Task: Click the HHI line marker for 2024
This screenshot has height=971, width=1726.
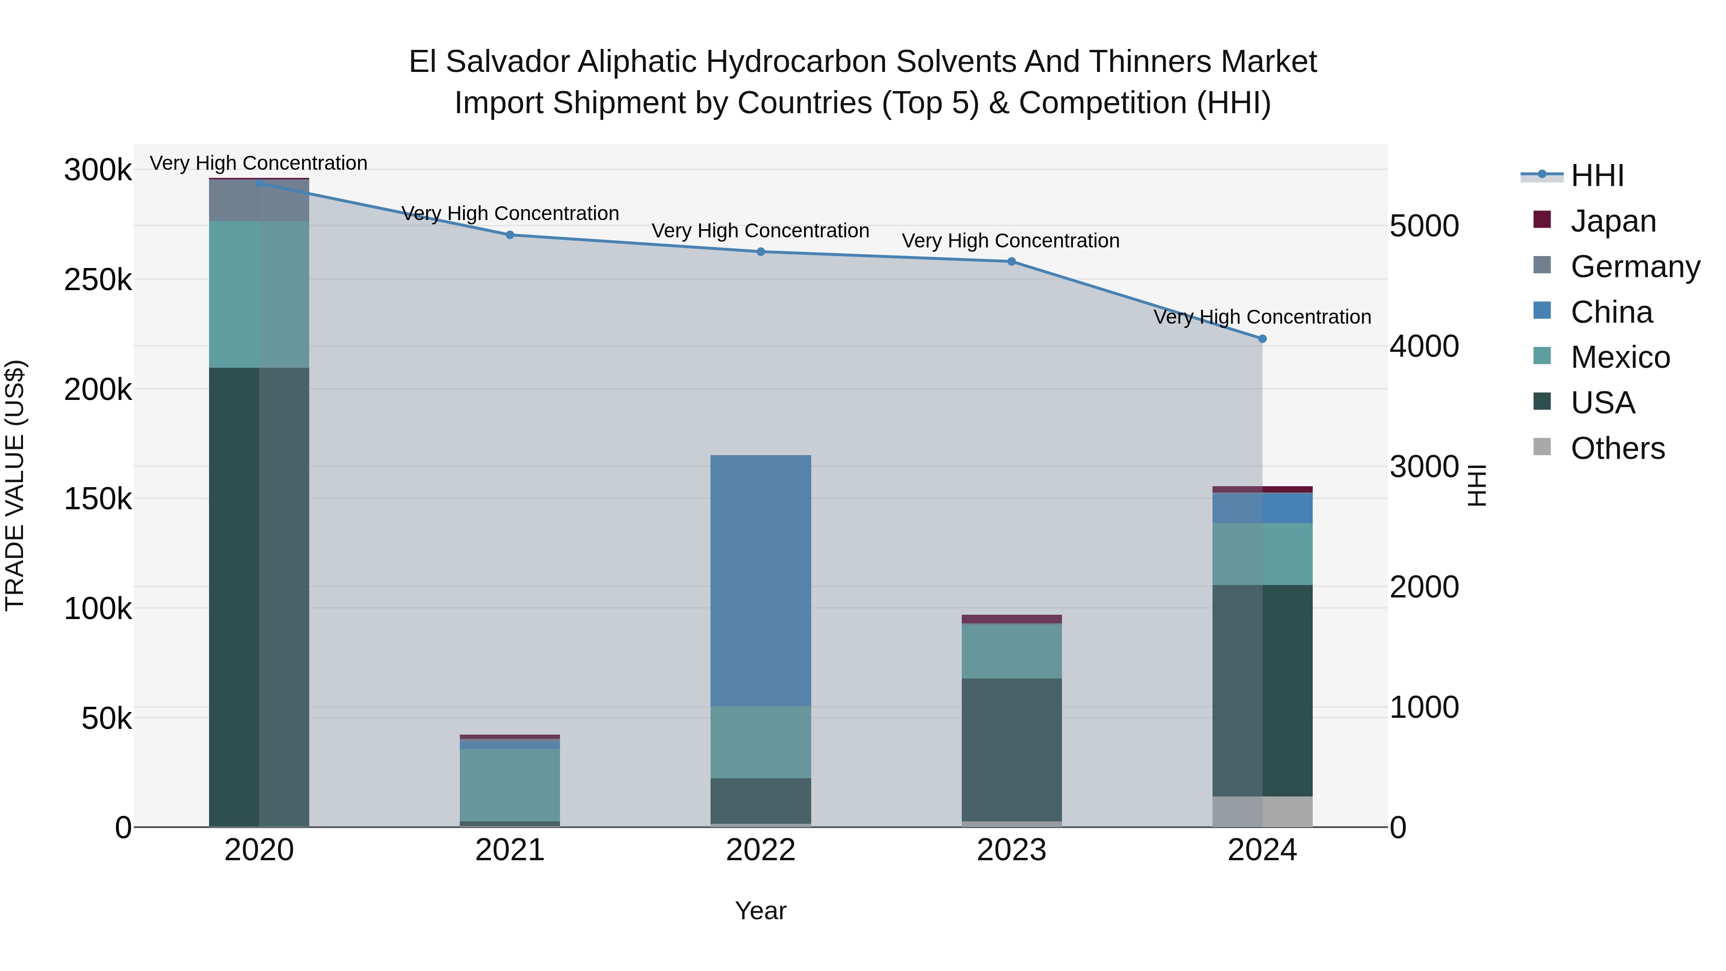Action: pos(1262,339)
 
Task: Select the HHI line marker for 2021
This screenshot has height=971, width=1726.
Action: pos(510,235)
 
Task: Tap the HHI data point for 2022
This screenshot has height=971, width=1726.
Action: pos(760,252)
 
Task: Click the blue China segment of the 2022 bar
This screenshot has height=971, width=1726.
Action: pos(760,580)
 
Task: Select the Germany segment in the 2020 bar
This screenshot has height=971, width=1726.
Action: pos(259,200)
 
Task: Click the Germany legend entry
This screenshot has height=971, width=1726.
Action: pos(1635,267)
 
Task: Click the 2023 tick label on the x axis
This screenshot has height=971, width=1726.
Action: pos(1011,850)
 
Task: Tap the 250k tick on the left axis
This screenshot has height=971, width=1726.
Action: pos(98,280)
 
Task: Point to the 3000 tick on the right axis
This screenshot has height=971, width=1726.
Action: pos(1424,467)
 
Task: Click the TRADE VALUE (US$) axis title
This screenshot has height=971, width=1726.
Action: pos(15,485)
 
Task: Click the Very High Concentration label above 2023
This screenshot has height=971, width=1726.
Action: pos(1010,241)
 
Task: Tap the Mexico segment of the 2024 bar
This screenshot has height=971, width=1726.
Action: pos(1262,554)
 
